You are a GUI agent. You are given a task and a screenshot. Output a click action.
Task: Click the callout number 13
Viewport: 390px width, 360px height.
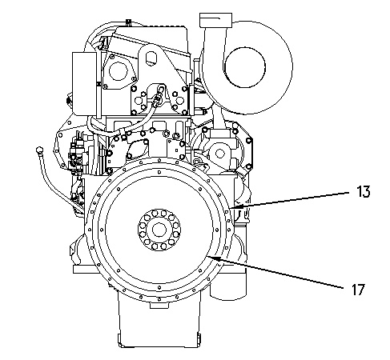coord(364,191)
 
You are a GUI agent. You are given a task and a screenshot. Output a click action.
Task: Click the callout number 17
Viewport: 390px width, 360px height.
coord(358,290)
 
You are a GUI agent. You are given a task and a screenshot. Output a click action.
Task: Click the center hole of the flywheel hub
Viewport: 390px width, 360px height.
coord(159,230)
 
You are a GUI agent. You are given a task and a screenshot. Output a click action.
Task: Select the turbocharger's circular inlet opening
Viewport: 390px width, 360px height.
coord(245,67)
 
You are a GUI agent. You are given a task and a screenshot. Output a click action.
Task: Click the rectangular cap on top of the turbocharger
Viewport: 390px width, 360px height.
coord(215,20)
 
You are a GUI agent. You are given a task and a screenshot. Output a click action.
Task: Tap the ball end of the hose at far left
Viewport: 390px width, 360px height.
coord(39,150)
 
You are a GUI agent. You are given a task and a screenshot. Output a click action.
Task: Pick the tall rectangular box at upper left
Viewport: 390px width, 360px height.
coord(85,83)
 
